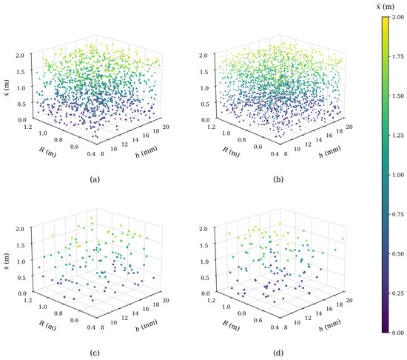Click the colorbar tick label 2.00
point(397,17)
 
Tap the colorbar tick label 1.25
point(397,136)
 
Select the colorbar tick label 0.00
point(397,333)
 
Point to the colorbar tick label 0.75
point(397,214)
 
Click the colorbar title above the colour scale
point(386,7)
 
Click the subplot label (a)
point(95,179)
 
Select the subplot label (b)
point(278,179)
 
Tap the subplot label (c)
point(95,353)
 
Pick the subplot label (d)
point(278,353)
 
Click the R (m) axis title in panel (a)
point(47,152)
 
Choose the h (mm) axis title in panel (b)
point(329,152)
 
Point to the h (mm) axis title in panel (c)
point(147,325)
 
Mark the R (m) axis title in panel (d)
point(231,325)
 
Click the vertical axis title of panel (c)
point(7,261)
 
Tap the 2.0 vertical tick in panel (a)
point(21,55)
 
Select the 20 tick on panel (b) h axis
point(349,127)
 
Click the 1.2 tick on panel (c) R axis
point(28,300)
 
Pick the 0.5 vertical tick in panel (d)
point(205,277)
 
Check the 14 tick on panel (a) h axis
point(135,140)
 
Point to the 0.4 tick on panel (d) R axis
point(275,327)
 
